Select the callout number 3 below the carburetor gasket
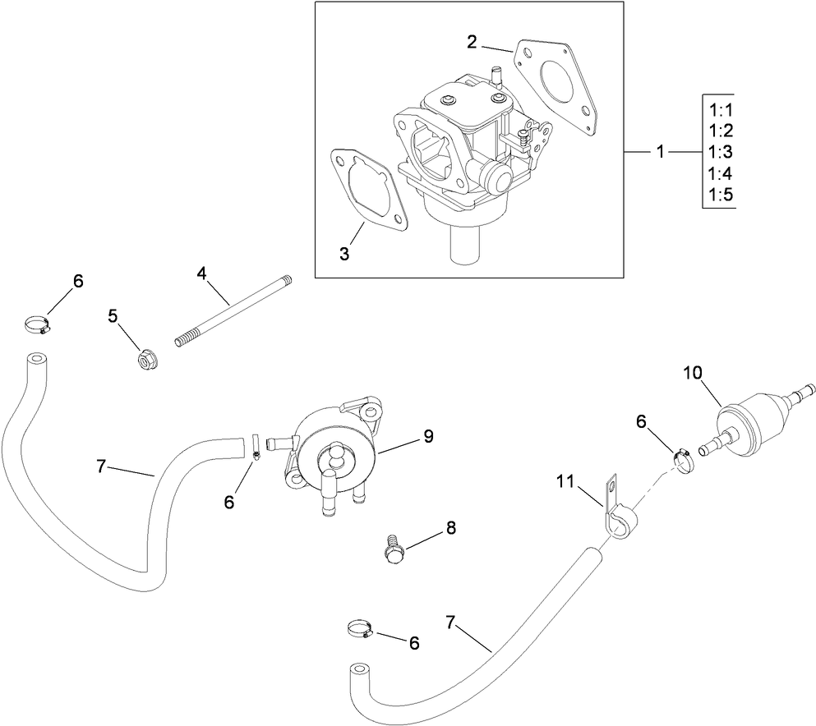(344, 255)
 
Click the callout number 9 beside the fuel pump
(428, 436)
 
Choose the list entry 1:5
(719, 195)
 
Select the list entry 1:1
(719, 110)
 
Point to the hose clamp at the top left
(37, 324)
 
